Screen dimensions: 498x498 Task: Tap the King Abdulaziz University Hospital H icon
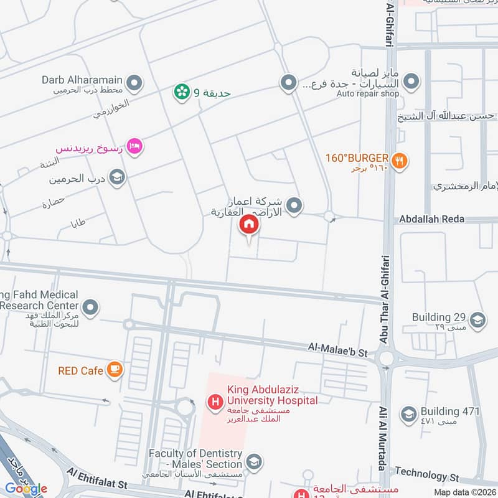pos(215,403)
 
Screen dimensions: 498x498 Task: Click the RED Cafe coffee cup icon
pos(115,370)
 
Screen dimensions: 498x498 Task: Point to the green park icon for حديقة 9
pos(182,92)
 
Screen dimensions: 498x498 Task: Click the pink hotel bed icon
pos(134,146)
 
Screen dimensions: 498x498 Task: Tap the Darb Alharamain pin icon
pos(134,82)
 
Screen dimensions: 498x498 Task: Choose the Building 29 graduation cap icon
pos(478,319)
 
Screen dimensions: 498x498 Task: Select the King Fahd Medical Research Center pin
pos(91,307)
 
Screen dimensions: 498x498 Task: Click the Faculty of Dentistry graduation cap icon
pos(253,462)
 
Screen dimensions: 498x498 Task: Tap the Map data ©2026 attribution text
pos(465,492)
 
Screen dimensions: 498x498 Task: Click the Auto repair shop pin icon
pos(411,82)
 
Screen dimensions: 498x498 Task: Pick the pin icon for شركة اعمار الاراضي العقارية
pos(294,204)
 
